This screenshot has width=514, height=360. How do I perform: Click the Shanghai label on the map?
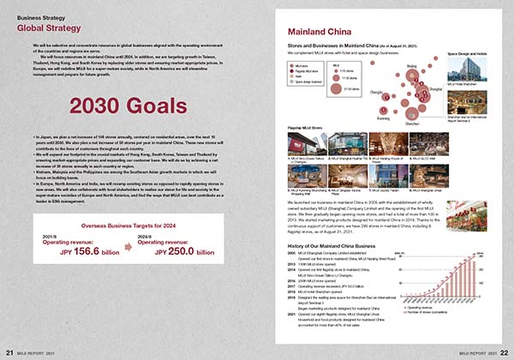(x=437, y=87)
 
